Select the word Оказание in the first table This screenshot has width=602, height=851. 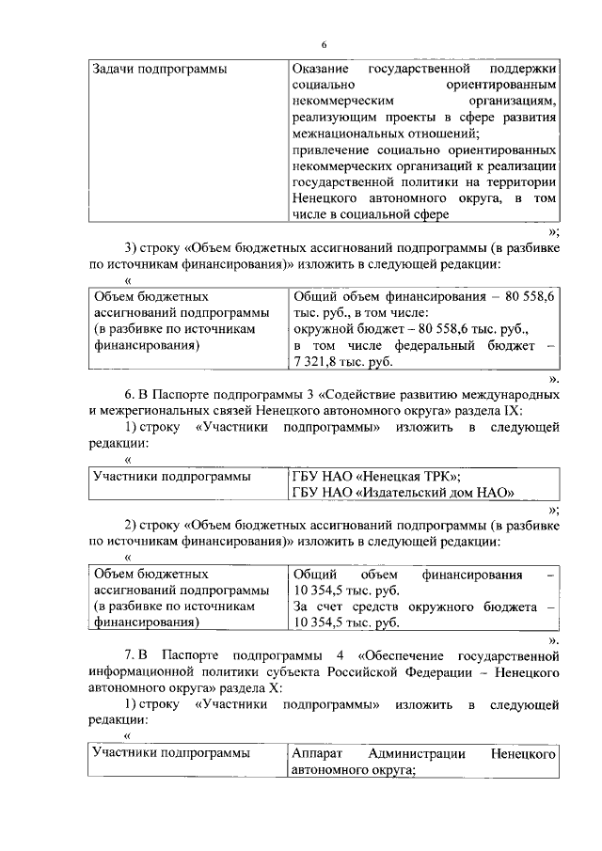(x=320, y=70)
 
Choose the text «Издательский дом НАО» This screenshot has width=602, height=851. (x=436, y=492)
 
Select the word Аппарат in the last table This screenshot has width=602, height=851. (x=320, y=753)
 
